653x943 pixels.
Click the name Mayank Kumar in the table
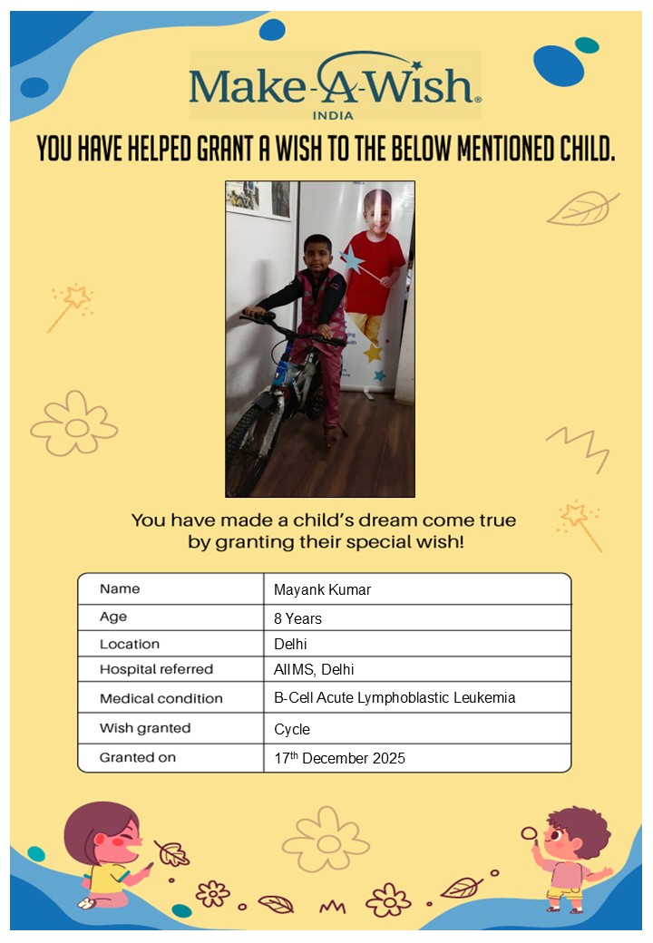(322, 590)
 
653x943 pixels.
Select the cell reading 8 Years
(297, 619)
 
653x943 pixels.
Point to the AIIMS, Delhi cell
(314, 670)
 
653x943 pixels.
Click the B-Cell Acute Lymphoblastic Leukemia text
(395, 698)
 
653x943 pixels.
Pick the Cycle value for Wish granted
(292, 729)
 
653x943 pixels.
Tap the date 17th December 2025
(339, 758)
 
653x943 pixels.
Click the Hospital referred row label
(156, 669)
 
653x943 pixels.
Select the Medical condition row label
(161, 698)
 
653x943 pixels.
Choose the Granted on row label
(138, 756)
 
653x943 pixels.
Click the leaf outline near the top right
(581, 208)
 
